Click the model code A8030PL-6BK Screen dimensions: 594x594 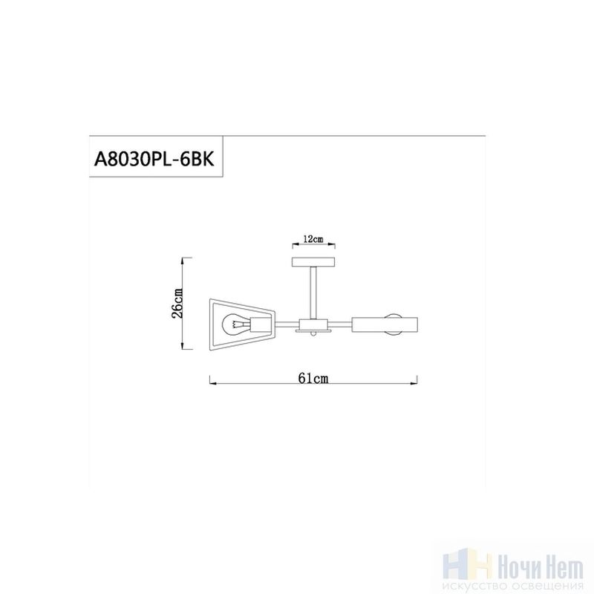click(154, 158)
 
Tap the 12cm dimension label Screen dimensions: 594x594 click(313, 239)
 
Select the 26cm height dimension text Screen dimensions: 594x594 click(177, 304)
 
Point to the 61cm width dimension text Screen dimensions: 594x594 click(313, 378)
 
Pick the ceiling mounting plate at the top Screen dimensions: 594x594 click(313, 262)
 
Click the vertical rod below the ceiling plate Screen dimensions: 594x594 click(313, 293)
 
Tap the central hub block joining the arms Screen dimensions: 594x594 click(313, 324)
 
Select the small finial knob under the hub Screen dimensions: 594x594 click(313, 335)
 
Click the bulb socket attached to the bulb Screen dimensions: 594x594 click(258, 324)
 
